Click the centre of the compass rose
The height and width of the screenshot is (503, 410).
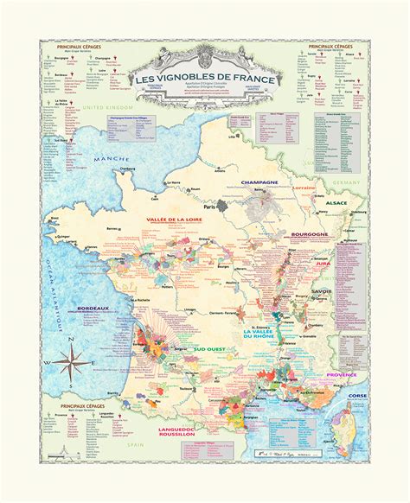70,361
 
